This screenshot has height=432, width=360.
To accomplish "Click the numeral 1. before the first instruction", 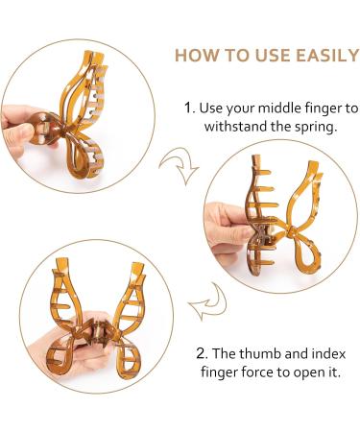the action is point(189,108).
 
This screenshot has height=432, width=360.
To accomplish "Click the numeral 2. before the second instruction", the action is point(203,353).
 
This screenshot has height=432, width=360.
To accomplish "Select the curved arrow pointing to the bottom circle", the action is point(209,302).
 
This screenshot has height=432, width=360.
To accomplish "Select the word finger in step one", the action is point(324,108).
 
